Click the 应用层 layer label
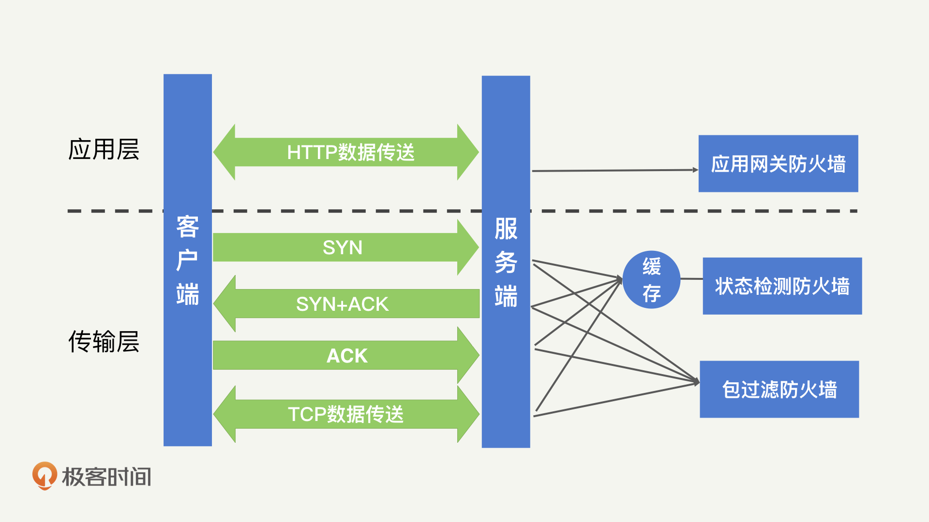click(104, 149)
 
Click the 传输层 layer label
click(104, 342)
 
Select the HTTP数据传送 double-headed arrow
click(346, 152)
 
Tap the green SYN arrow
click(343, 247)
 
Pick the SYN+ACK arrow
click(343, 304)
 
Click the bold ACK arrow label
click(347, 356)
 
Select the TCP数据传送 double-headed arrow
click(346, 414)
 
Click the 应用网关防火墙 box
click(778, 164)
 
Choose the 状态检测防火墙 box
click(782, 286)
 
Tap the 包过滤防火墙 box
click(779, 390)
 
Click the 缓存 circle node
click(651, 279)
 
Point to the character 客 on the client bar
click(188, 227)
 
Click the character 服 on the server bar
click(506, 229)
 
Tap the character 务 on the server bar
click(506, 262)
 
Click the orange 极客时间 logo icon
click(45, 476)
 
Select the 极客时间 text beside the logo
click(107, 477)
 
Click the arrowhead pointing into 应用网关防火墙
click(695, 170)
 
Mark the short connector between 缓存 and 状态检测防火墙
click(691, 279)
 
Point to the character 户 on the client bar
click(188, 261)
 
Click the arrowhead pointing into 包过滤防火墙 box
click(696, 382)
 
